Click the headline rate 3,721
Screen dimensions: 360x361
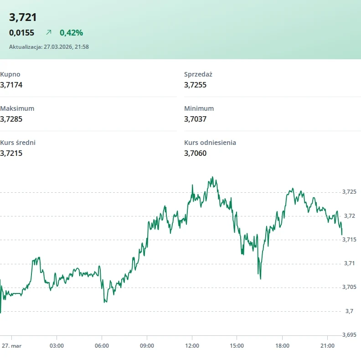click(x=23, y=18)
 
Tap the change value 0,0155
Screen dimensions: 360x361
click(x=21, y=33)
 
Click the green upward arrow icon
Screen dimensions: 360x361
click(x=49, y=33)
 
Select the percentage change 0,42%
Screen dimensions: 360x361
click(x=71, y=33)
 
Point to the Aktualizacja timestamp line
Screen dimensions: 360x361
click(x=49, y=46)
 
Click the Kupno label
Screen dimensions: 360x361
click(x=10, y=74)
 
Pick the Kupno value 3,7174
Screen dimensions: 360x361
click(x=11, y=85)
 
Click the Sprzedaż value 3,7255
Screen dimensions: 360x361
click(x=196, y=85)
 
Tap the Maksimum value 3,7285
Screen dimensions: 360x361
click(x=11, y=119)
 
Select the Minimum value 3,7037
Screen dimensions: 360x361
click(x=196, y=119)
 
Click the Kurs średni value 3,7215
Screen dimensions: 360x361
click(x=11, y=153)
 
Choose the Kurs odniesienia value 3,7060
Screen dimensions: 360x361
click(x=196, y=153)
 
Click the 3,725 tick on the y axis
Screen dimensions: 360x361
click(x=349, y=192)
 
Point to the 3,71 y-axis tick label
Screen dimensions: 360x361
click(x=349, y=263)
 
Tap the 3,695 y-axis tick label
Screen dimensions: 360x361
click(x=349, y=335)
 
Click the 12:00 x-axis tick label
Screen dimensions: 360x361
click(x=192, y=346)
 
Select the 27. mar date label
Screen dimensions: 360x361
click(x=11, y=346)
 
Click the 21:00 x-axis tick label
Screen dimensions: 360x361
click(x=327, y=346)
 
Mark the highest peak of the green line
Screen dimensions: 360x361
click(x=212, y=177)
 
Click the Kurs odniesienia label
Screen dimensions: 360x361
click(x=210, y=143)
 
